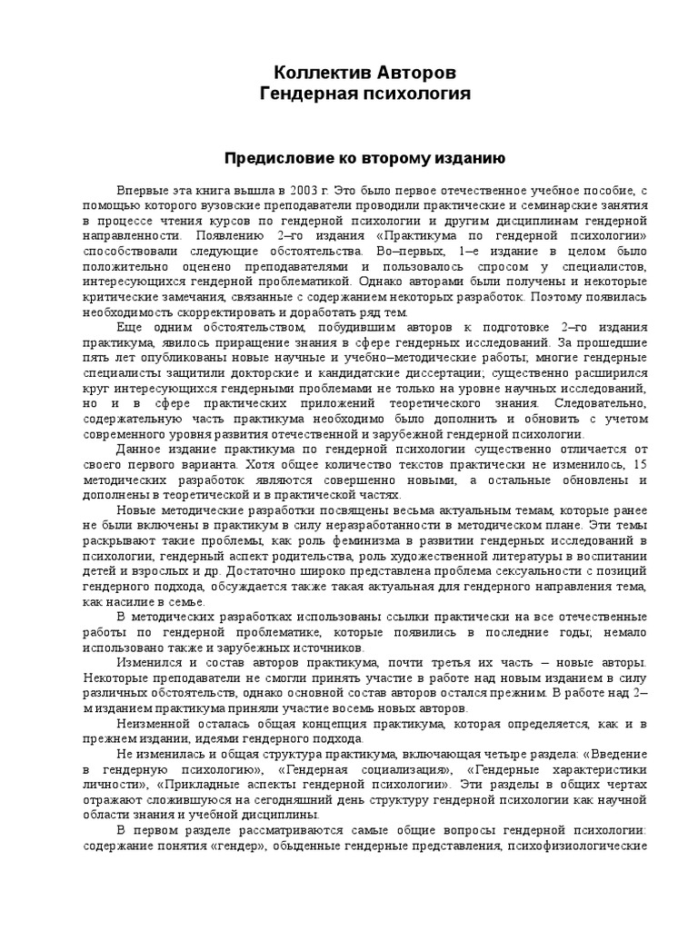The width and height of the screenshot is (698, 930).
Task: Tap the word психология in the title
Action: (423, 94)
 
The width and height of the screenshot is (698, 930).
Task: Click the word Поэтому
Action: (555, 296)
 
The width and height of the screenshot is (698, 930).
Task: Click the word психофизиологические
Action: (578, 845)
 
